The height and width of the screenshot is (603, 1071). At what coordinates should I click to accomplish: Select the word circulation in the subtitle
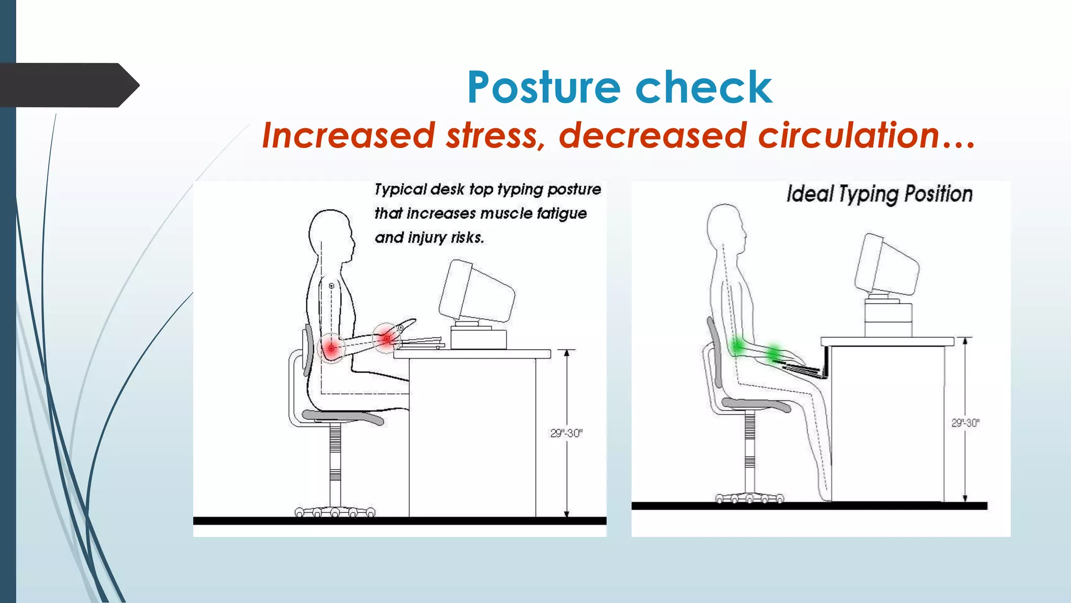[x=850, y=136]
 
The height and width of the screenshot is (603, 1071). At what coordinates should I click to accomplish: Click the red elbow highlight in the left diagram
[x=331, y=348]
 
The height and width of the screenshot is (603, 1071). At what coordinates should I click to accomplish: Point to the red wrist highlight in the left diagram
[x=386, y=338]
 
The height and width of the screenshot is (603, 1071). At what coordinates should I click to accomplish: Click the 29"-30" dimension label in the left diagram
[x=566, y=433]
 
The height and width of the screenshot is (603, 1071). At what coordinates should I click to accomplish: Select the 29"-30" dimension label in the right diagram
[x=965, y=423]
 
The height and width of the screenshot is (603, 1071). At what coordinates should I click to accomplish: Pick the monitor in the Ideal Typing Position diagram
[x=886, y=267]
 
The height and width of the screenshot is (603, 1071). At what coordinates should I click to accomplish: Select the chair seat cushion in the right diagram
[x=756, y=405]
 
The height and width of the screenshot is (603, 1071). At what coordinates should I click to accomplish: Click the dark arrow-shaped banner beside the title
[x=68, y=85]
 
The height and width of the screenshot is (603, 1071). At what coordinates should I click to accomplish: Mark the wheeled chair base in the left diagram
[x=335, y=511]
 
